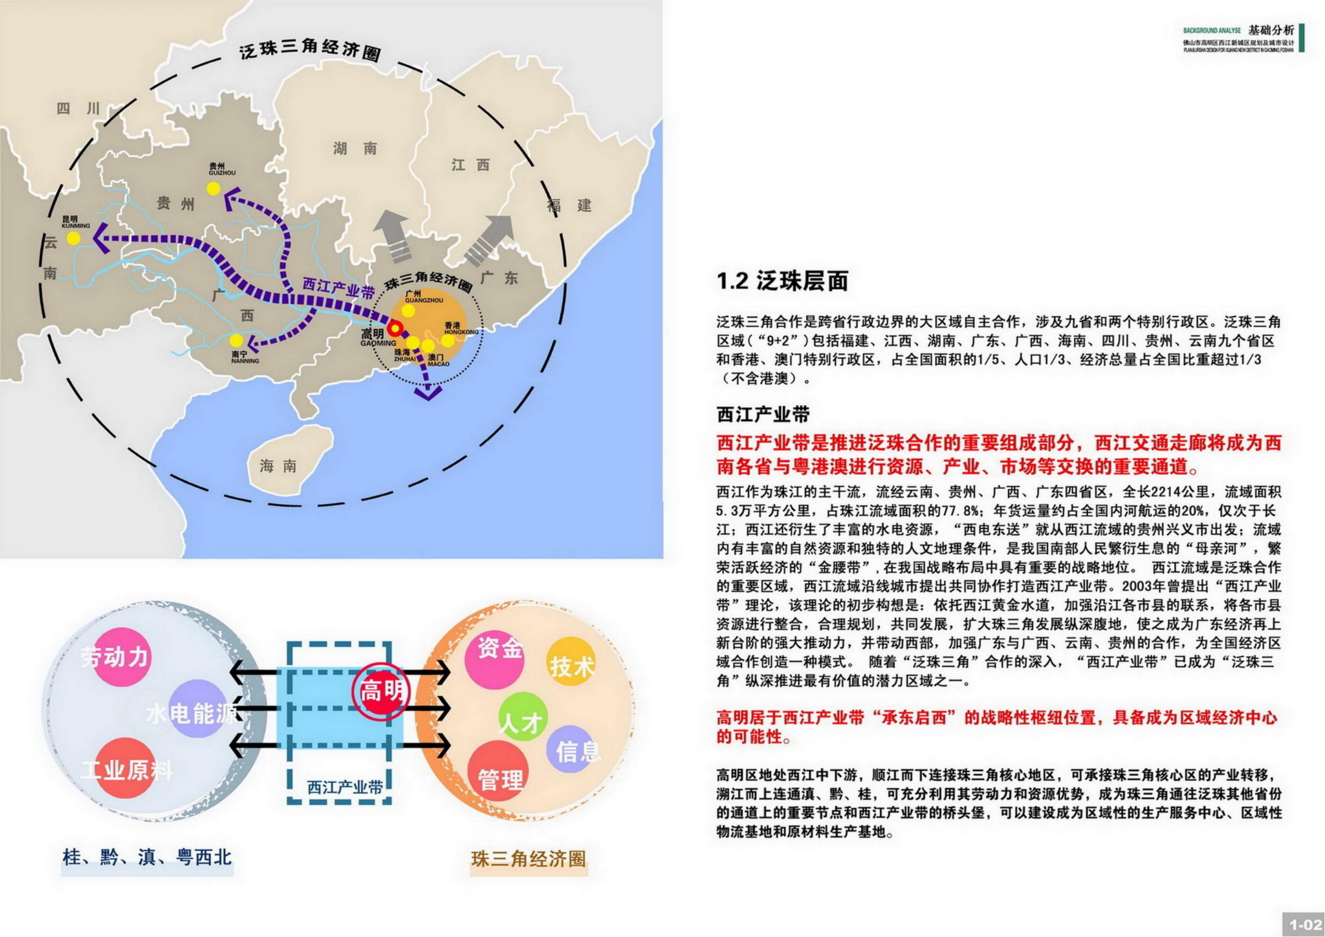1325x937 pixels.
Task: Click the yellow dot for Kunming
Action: coord(73,239)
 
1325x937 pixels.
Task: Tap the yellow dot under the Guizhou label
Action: coord(214,188)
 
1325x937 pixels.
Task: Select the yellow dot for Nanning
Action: coord(236,341)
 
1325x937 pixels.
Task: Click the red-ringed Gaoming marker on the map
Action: coord(395,329)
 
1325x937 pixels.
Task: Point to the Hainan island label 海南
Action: coord(278,466)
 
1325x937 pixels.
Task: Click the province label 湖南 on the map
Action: coord(355,149)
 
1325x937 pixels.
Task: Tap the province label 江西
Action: coord(470,166)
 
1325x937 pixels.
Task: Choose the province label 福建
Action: coord(570,205)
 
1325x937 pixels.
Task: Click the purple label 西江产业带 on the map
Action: coord(339,287)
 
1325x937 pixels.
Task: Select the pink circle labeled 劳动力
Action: coord(116,657)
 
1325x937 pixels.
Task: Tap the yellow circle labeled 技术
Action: coord(571,666)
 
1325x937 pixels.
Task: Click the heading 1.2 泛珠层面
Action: coord(782,281)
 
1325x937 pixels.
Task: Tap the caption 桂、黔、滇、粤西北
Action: coord(147,857)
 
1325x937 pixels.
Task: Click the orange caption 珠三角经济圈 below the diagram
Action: coord(528,859)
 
